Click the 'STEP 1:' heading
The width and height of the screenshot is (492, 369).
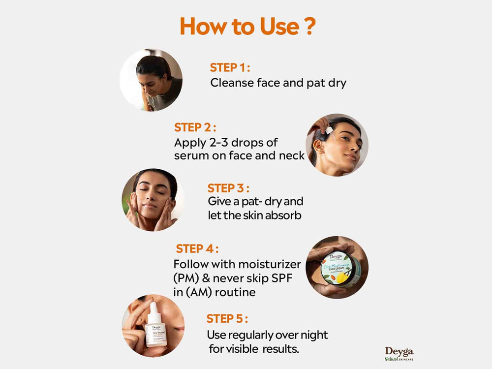[230, 68]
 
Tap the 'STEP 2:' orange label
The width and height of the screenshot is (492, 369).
[195, 127]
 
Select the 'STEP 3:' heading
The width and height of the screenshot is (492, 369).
[228, 188]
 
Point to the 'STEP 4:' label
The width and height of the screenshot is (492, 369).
[197, 248]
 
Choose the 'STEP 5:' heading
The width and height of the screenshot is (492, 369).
[227, 318]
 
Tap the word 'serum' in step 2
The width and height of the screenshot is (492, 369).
[189, 155]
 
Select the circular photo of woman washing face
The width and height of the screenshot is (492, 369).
[151, 80]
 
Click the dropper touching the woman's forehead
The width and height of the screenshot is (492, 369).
[326, 131]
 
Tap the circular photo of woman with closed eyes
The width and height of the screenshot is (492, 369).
[153, 199]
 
